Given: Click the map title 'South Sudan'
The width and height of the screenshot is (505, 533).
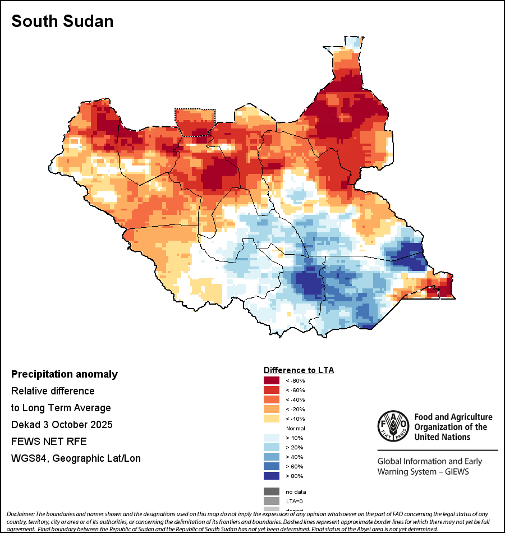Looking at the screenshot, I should coord(62,21).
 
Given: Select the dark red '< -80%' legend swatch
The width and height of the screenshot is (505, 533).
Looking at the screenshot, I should coord(272,380).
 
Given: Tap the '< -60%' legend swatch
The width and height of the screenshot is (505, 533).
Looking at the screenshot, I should coord(272,390).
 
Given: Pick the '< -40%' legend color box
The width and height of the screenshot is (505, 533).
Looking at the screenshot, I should coord(272,399).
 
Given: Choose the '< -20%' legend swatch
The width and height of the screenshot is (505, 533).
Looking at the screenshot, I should coord(272,409).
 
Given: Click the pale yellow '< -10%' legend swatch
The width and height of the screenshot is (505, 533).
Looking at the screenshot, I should coord(272,419).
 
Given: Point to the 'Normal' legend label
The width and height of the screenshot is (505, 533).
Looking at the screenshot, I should coord(295,428).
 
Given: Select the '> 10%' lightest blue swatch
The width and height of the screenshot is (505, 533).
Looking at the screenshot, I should coord(272,438).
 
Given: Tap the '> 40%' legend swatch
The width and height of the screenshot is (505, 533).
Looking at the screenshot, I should coord(272,457).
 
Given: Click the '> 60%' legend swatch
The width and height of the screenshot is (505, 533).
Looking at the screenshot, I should coord(272,466).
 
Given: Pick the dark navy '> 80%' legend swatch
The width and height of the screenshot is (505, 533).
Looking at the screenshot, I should coord(272,476).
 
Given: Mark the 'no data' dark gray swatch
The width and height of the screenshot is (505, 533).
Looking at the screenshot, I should coord(272,491).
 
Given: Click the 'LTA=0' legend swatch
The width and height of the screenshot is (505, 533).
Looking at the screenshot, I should coord(272,501).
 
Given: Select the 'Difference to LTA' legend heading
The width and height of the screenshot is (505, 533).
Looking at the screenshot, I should coord(299,370).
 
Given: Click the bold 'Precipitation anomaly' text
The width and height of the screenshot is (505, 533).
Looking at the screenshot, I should coord(65,374).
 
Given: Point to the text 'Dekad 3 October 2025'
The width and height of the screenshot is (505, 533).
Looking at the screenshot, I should coord(62,425).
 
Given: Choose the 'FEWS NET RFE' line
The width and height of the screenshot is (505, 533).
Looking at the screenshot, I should coord(49,442).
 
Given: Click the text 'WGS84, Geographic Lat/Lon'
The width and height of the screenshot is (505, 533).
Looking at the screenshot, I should coord(76,458).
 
